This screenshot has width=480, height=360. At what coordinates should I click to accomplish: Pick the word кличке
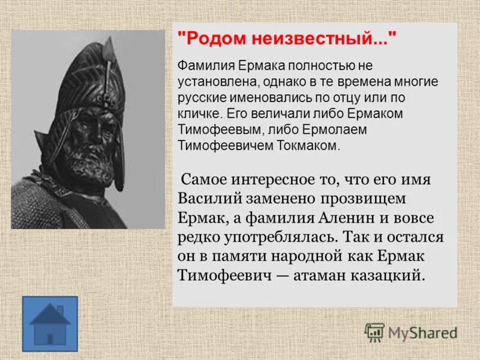[197, 113]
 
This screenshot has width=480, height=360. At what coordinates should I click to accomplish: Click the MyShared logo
[412, 331]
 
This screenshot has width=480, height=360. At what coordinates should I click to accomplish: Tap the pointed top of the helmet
[109, 45]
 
